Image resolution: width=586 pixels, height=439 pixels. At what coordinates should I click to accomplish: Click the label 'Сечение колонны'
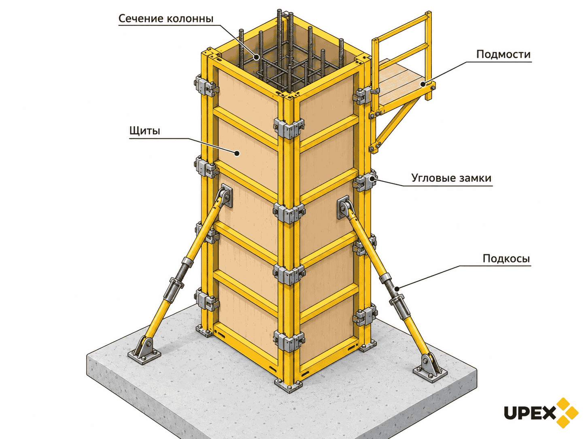166,18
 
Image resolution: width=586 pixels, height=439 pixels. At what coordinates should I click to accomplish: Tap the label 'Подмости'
503,55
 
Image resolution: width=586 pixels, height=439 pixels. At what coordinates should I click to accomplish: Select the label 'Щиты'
145,131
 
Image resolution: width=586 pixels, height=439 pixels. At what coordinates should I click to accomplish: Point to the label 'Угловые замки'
451,178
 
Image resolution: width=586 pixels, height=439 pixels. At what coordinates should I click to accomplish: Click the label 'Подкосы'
506,259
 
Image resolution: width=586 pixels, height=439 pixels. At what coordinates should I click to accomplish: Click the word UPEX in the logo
530,413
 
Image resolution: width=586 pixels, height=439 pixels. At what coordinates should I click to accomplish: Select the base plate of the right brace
430,372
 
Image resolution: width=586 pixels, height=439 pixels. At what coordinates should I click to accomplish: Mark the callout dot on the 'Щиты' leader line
237,153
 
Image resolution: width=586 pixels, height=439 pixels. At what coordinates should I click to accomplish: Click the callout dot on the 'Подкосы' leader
397,289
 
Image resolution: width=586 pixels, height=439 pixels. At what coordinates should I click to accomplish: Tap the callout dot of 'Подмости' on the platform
423,84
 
